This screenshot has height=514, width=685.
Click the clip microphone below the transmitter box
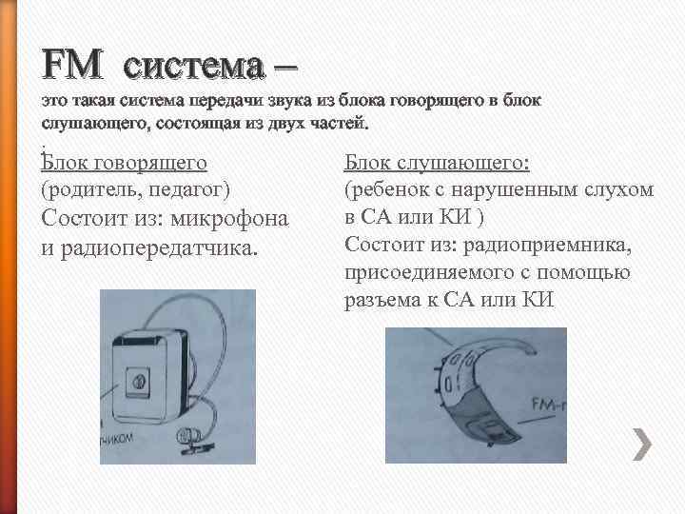click(200, 441)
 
